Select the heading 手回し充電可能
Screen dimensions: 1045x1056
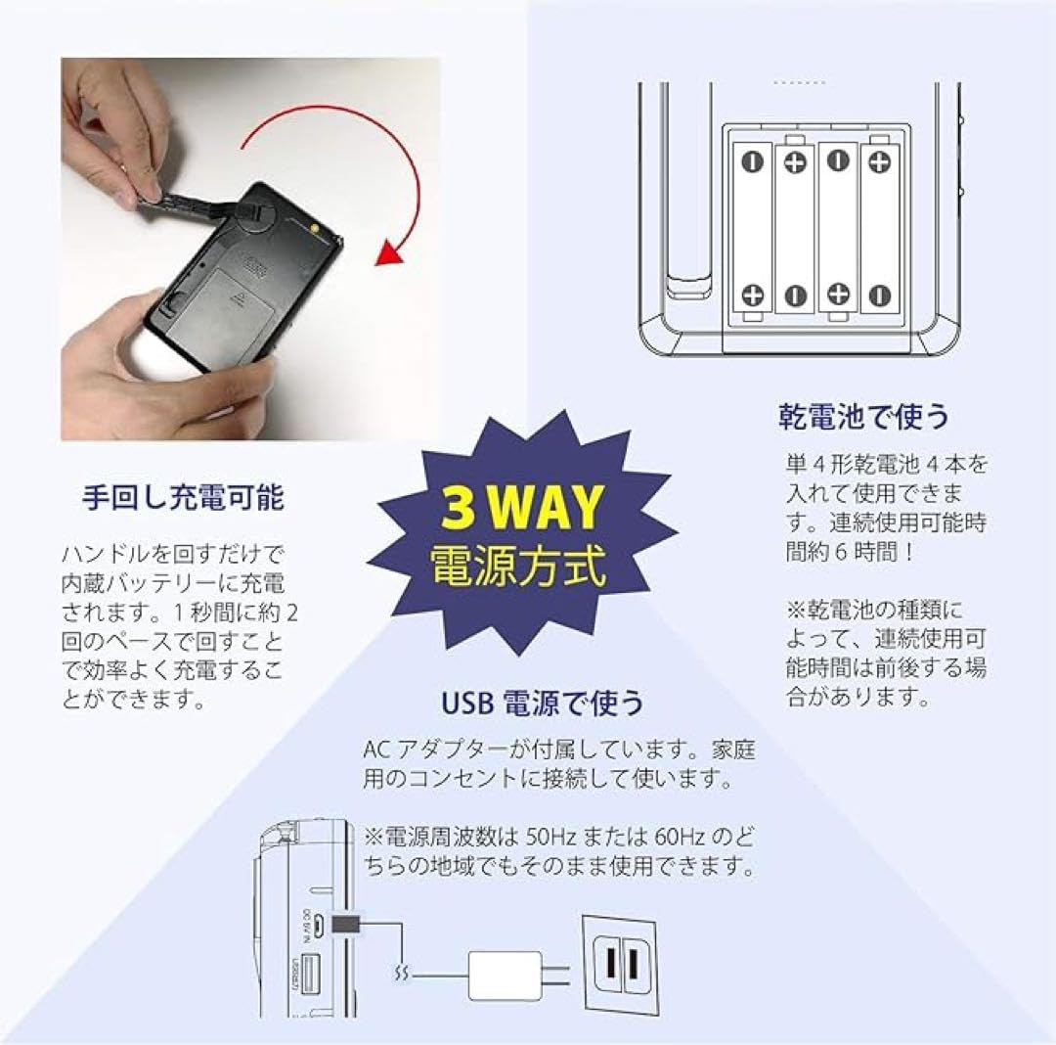(183, 498)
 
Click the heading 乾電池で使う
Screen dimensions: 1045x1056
(863, 418)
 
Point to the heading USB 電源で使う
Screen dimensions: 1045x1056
(542, 702)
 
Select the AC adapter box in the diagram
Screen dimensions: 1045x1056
(505, 976)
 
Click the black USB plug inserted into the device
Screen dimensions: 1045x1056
(344, 923)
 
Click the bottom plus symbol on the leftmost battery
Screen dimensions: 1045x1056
(752, 293)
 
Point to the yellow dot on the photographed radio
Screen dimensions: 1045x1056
(313, 223)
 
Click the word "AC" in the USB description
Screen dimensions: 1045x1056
(376, 750)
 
